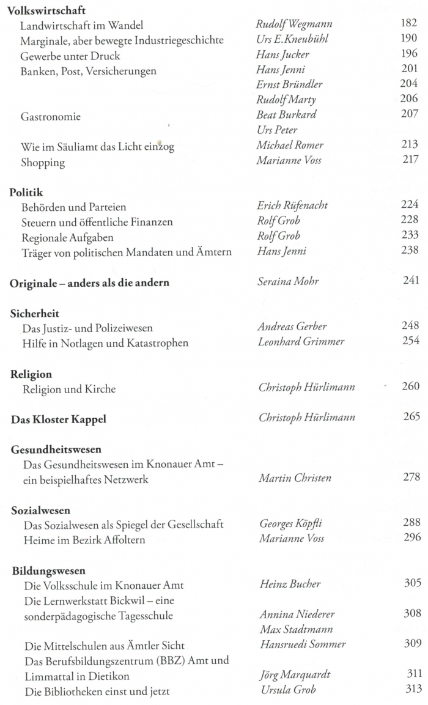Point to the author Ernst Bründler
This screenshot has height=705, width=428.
pyautogui.click(x=289, y=85)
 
